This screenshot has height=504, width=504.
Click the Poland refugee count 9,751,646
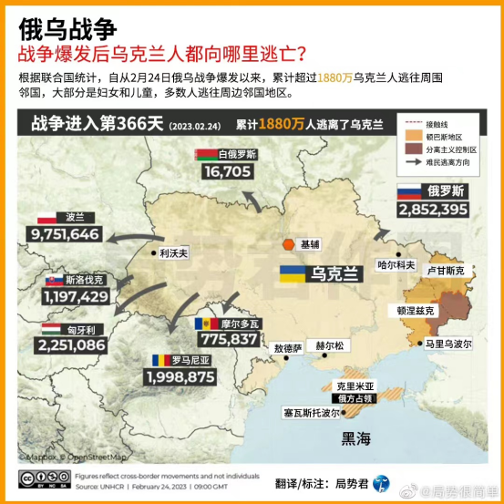[x=65, y=234]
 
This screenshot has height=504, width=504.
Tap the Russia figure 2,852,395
[x=433, y=210]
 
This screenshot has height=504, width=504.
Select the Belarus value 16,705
[x=227, y=170]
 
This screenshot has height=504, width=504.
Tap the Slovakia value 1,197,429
[x=76, y=296]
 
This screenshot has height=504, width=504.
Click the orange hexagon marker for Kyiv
[x=288, y=244]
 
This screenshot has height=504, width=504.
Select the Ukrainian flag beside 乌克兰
[x=292, y=273]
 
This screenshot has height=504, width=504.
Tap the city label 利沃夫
[x=172, y=254]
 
